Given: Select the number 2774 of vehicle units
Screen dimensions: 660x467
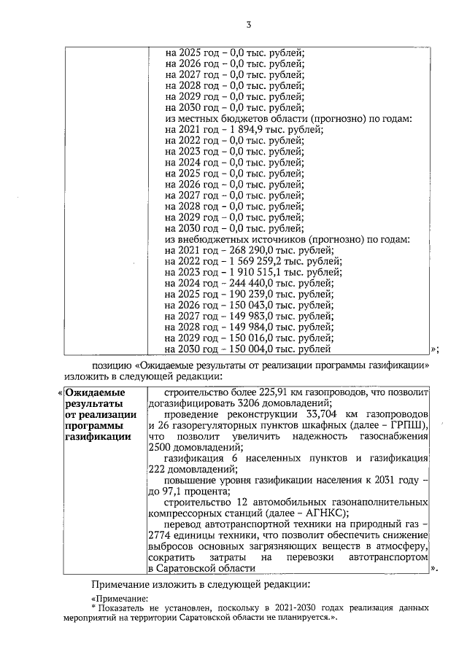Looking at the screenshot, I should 161,537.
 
